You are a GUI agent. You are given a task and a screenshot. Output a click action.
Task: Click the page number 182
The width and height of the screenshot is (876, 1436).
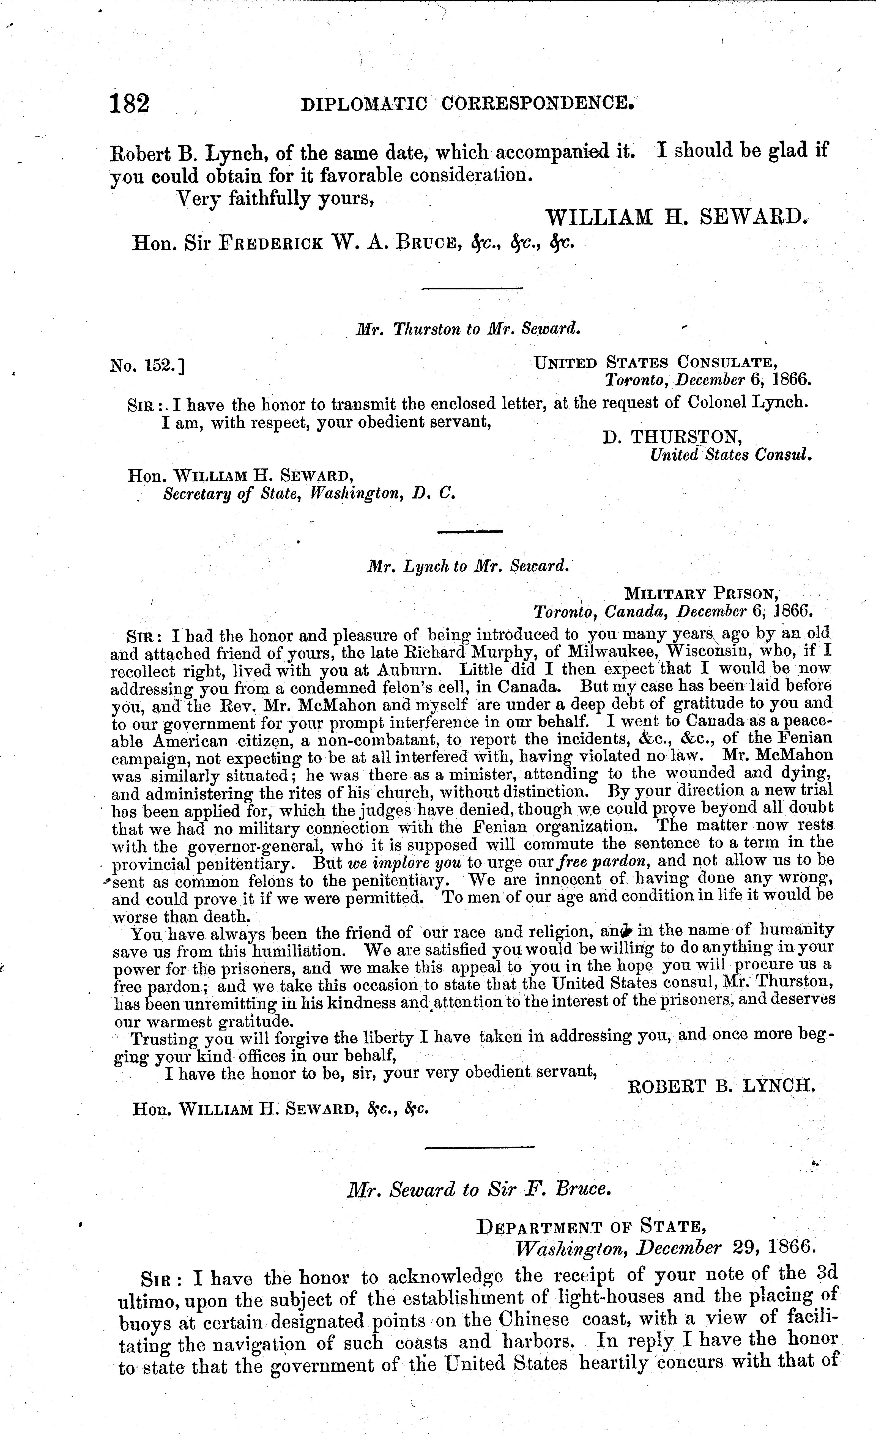coord(129,104)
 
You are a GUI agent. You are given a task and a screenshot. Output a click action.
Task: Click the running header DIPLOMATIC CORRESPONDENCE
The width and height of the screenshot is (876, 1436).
coord(466,104)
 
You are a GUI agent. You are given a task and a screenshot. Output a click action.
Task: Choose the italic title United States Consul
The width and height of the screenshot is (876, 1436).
coord(731,454)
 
